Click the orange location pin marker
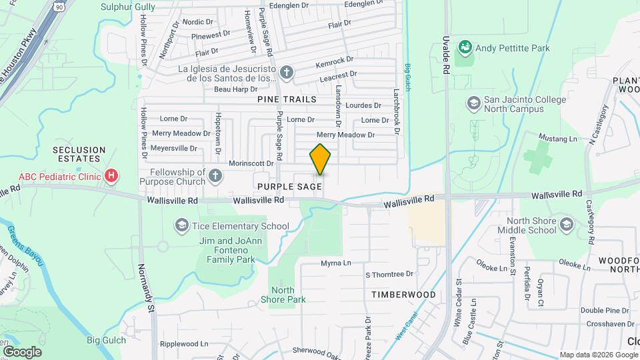[321, 159]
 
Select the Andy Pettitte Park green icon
[465, 47]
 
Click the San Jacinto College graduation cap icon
[473, 103]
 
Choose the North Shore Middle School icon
[567, 223]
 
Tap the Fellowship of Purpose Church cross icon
[214, 175]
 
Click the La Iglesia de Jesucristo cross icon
[287, 72]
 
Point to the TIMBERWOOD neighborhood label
[403, 294]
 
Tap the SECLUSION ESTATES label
[80, 155]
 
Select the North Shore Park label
[287, 295]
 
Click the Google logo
[22, 351]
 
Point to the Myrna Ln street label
[335, 263]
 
